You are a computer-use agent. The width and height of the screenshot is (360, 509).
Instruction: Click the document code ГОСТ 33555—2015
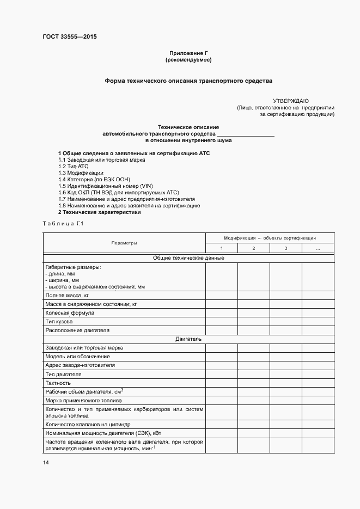(69, 37)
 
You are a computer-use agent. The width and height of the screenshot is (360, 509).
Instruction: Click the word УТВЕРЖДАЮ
(291, 101)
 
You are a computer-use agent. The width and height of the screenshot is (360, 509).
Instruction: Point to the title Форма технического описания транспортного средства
(188, 81)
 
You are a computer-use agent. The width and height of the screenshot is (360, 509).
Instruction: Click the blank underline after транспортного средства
(245, 133)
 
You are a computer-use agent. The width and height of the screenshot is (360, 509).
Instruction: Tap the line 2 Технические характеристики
(100, 212)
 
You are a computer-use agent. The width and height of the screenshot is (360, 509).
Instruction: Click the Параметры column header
(124, 243)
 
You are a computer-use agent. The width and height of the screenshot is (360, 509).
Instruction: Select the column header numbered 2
(253, 248)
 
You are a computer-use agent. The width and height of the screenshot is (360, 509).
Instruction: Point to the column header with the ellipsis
(318, 248)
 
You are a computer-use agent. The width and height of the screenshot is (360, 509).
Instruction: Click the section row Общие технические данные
(188, 258)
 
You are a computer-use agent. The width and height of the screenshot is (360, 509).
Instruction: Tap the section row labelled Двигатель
(188, 339)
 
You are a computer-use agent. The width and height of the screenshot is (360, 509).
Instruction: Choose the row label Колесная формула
(70, 313)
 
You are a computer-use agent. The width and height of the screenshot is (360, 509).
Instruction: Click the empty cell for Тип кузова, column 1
(221, 322)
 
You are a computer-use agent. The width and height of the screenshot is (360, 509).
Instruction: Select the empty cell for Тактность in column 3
(286, 383)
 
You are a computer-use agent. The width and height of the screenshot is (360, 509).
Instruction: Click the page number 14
(46, 463)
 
